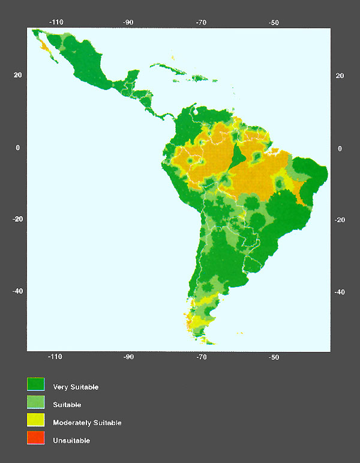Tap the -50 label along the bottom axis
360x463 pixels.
[274, 357]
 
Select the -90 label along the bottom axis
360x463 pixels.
[128, 357]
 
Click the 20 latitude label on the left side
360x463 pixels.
[18, 75]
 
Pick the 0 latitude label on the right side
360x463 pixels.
[340, 148]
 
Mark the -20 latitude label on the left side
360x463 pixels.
[18, 219]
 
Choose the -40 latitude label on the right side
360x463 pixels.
[340, 292]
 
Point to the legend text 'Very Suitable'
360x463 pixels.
[76, 387]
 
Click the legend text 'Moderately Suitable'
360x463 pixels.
[87, 423]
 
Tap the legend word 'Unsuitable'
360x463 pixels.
[71, 441]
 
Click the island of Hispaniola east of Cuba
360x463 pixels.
[198, 77]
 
